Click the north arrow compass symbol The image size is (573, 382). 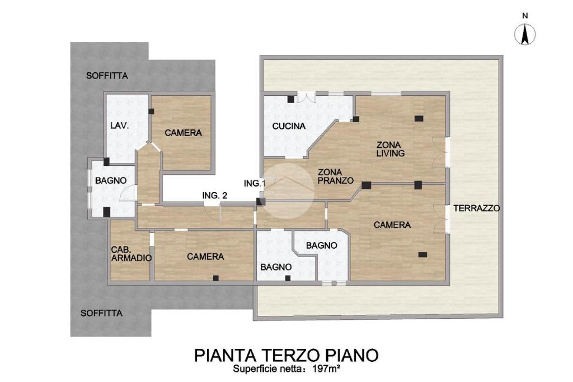click(525, 34)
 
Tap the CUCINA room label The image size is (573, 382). click(289, 126)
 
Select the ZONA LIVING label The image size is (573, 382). click(390, 149)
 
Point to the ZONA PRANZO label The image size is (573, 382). click(336, 176)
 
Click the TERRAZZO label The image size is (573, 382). click(477, 208)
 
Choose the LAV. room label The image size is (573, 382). click(120, 125)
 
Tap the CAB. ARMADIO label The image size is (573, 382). click(131, 254)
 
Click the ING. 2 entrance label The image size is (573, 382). click(215, 195)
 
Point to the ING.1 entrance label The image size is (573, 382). click(255, 183)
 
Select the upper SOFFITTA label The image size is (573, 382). click(107, 76)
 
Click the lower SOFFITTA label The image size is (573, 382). click(102, 313)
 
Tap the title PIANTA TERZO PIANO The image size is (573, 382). click(286, 355)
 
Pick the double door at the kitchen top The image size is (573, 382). click(306, 97)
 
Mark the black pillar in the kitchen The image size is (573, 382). click(291, 99)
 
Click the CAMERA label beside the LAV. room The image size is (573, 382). click(183, 132)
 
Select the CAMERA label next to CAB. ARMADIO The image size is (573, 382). click(205, 257)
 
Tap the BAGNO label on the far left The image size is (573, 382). click(111, 180)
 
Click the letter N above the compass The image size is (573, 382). click(525, 16)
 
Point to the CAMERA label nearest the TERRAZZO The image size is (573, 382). click(392, 225)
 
